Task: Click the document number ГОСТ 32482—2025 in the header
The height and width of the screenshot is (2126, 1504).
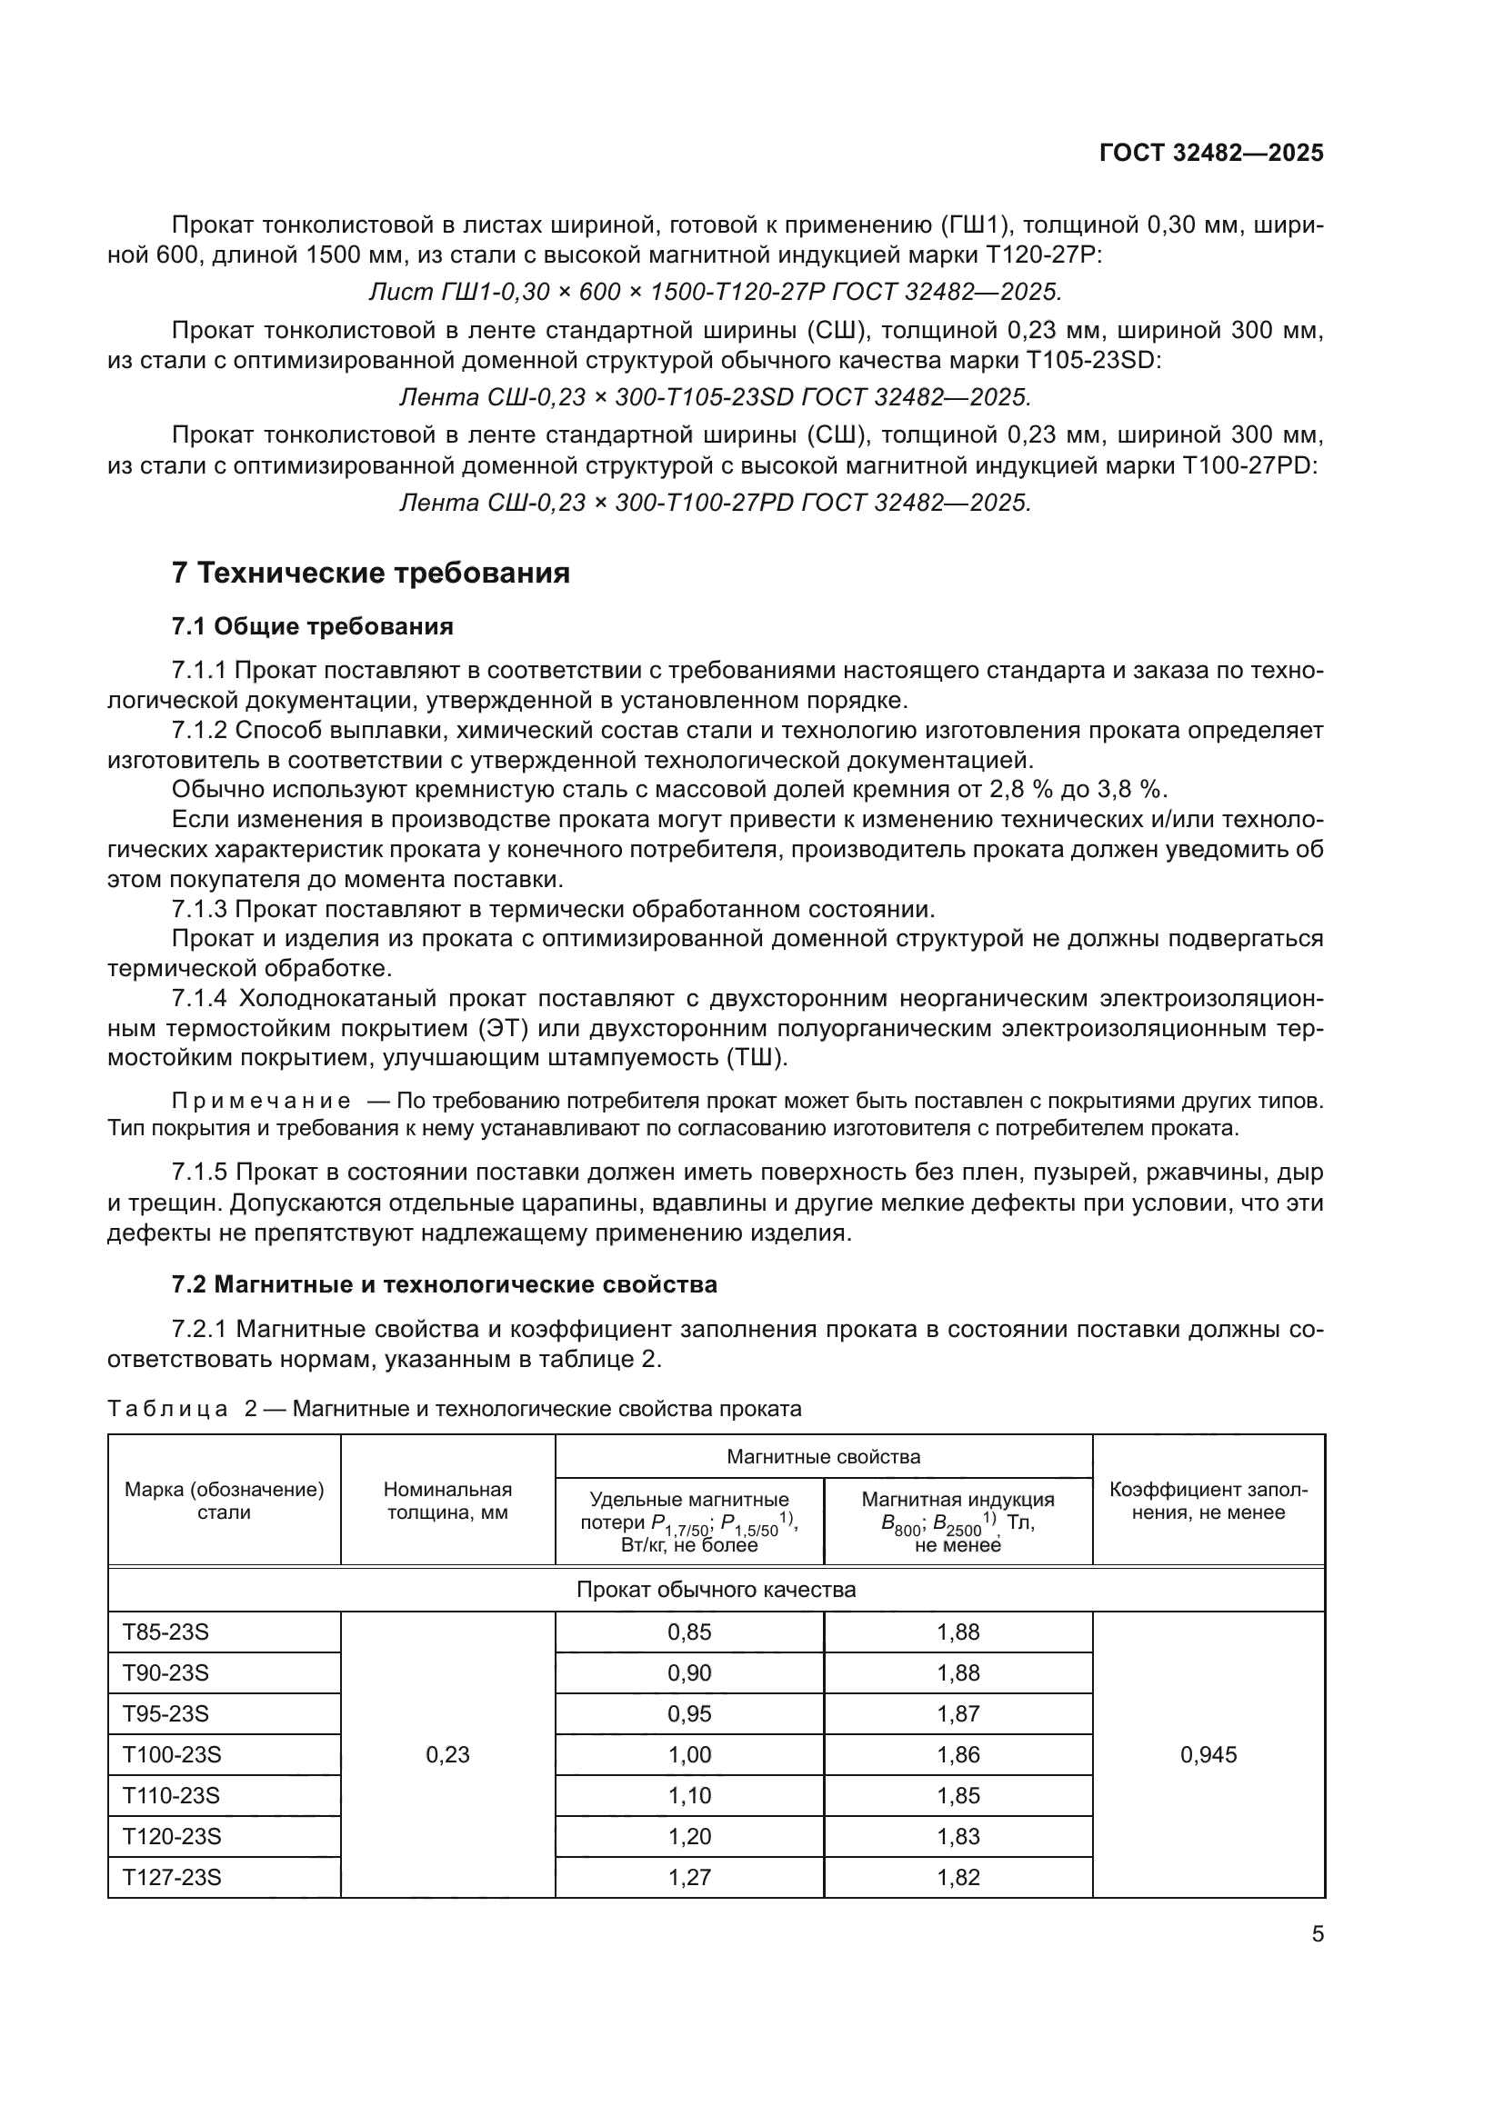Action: click(1210, 153)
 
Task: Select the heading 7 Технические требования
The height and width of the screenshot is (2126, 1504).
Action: click(370, 574)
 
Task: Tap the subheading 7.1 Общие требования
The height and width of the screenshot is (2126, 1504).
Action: click(312, 627)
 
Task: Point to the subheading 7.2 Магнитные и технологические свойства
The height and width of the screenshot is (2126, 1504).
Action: click(444, 1284)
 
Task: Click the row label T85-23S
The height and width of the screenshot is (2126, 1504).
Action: click(165, 1632)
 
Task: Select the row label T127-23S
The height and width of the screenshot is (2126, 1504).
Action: click(172, 1877)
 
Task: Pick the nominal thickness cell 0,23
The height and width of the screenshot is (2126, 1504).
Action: click(447, 1754)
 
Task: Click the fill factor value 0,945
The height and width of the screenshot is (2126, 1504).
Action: click(1208, 1754)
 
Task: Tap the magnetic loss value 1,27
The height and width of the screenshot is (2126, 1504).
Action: click(689, 1877)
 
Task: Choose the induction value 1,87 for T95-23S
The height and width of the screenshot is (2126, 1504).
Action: click(958, 1713)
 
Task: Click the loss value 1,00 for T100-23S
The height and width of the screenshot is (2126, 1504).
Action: click(689, 1754)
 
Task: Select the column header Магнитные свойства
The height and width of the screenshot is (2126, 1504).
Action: click(823, 1456)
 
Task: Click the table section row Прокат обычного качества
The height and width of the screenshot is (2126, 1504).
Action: click(715, 1590)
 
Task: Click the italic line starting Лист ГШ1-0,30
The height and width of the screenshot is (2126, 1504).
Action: click(715, 292)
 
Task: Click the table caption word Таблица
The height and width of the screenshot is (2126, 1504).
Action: click(167, 1410)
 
